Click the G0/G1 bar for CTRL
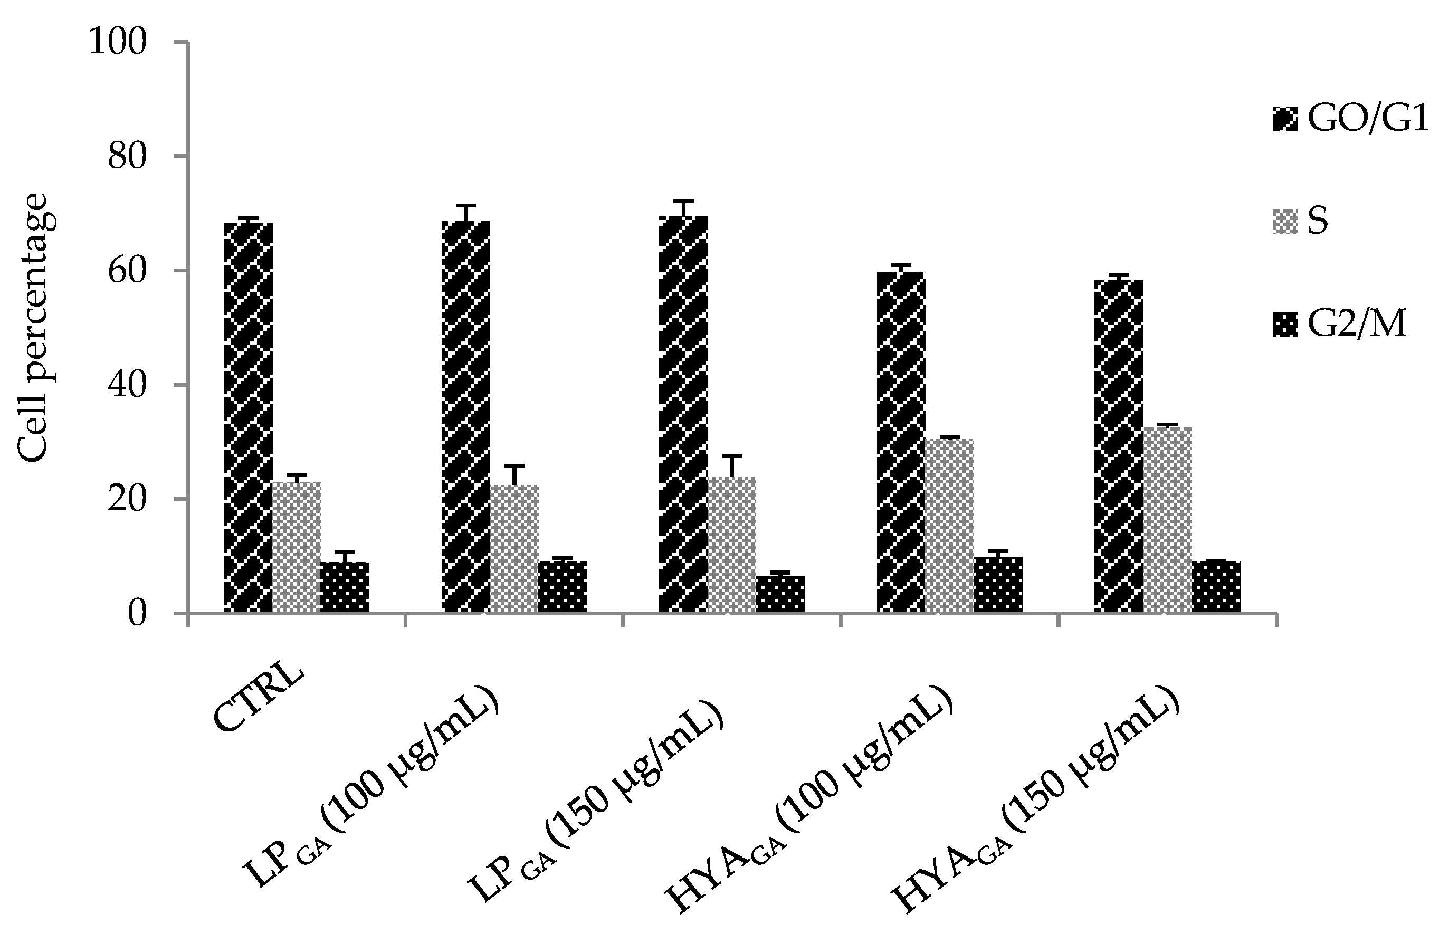click(x=248, y=417)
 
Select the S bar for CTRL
click(x=296, y=547)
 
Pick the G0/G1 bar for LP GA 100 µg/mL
click(x=465, y=417)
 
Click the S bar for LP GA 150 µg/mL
click(x=731, y=544)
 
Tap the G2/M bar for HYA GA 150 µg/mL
click(x=1216, y=587)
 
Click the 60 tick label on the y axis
click(x=127, y=271)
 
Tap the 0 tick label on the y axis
click(x=137, y=614)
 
